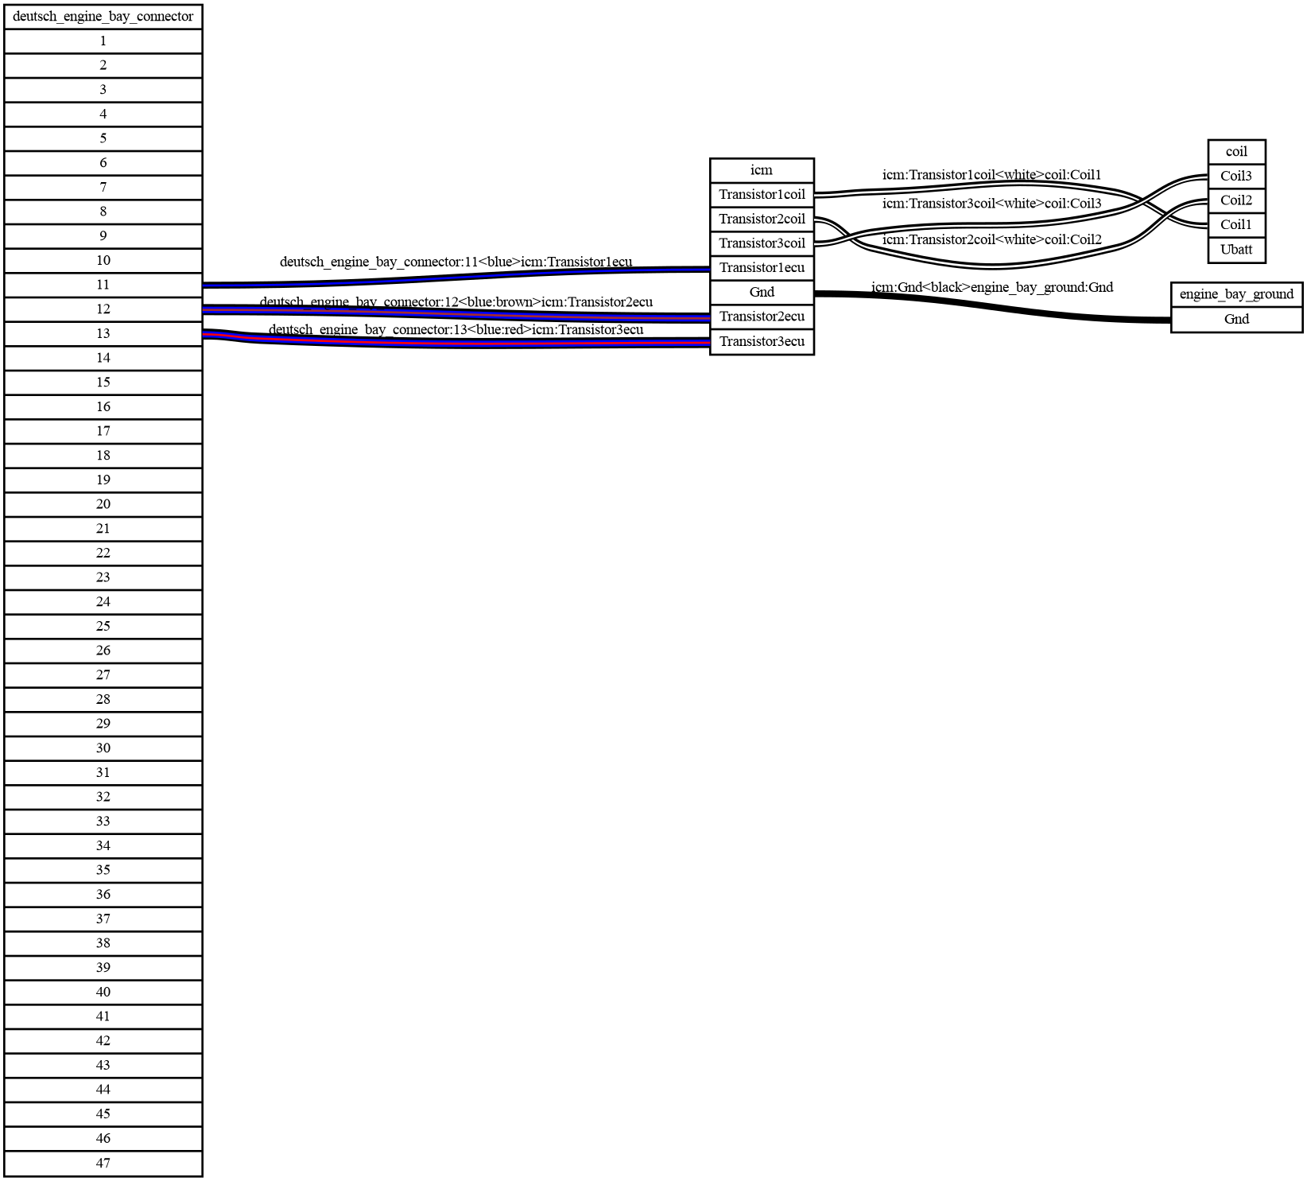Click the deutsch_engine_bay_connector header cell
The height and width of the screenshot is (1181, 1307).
[x=103, y=17]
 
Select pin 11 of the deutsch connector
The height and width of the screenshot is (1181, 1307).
[x=103, y=285]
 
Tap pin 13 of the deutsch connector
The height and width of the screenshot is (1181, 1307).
[x=103, y=333]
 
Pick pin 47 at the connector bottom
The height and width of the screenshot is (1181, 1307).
[x=103, y=1163]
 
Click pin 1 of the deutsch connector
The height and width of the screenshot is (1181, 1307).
[x=103, y=41]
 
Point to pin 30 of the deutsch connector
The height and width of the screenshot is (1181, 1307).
[x=103, y=748]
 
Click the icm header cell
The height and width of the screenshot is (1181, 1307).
[x=761, y=170]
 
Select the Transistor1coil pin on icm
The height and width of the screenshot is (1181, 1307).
[x=761, y=195]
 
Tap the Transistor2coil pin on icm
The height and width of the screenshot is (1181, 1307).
[x=761, y=219]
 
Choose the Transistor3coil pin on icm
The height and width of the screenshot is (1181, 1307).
[x=761, y=243]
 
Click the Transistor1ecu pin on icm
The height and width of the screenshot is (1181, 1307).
[x=761, y=268]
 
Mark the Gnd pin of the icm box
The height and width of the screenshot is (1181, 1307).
[x=761, y=292]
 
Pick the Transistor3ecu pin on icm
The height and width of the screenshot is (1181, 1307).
[x=761, y=342]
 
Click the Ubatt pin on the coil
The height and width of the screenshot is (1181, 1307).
[x=1236, y=250]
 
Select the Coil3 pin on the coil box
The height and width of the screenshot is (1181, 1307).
[x=1236, y=177]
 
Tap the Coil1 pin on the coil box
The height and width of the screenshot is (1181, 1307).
[x=1236, y=225]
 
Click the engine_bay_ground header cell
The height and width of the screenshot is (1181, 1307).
[x=1236, y=294]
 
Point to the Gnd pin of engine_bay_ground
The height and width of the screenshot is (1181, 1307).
[x=1236, y=320]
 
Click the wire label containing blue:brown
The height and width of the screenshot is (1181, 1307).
[x=456, y=302]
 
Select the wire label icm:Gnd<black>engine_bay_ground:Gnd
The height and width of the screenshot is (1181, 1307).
[x=991, y=287]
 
